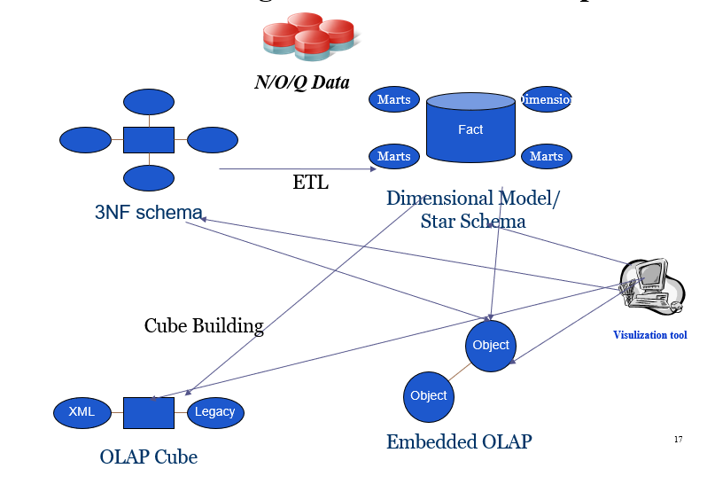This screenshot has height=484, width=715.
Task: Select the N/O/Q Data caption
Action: [301, 83]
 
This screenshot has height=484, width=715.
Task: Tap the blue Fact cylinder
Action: [470, 129]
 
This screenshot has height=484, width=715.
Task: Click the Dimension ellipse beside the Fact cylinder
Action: [547, 99]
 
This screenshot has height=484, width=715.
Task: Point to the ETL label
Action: [310, 183]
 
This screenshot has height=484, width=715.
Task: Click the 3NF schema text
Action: [148, 213]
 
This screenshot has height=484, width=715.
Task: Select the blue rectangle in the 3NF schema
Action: [148, 140]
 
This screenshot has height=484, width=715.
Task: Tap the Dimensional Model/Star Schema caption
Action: [473, 209]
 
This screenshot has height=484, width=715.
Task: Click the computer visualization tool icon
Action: [652, 286]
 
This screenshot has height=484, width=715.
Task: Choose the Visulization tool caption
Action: [649, 335]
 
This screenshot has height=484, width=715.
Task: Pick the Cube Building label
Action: [204, 326]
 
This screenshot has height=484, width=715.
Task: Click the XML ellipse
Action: [82, 412]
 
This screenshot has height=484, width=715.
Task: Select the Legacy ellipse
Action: [215, 412]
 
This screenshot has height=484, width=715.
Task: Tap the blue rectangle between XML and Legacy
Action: [148, 412]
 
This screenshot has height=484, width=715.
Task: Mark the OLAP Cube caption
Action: [149, 457]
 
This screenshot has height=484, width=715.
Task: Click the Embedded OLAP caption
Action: [459, 441]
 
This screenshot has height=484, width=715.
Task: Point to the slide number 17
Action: [678, 440]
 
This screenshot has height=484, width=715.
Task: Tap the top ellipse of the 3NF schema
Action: [148, 102]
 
